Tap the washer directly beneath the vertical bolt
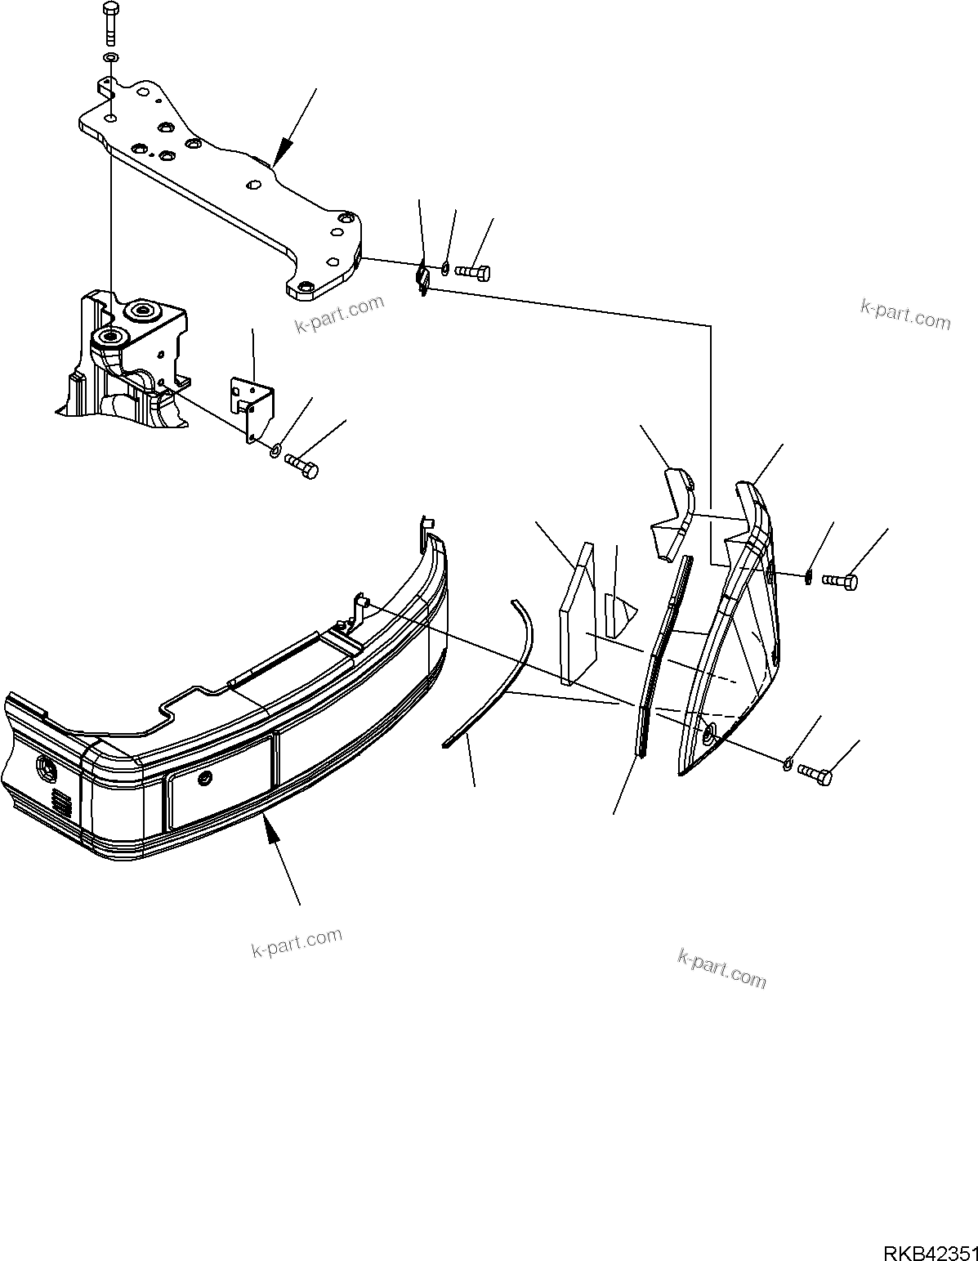point(110,58)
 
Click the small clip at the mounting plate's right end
point(422,278)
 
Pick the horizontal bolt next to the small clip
point(472,272)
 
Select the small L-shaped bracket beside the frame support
point(252,405)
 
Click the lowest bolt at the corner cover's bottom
point(815,772)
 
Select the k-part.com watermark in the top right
point(905,314)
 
